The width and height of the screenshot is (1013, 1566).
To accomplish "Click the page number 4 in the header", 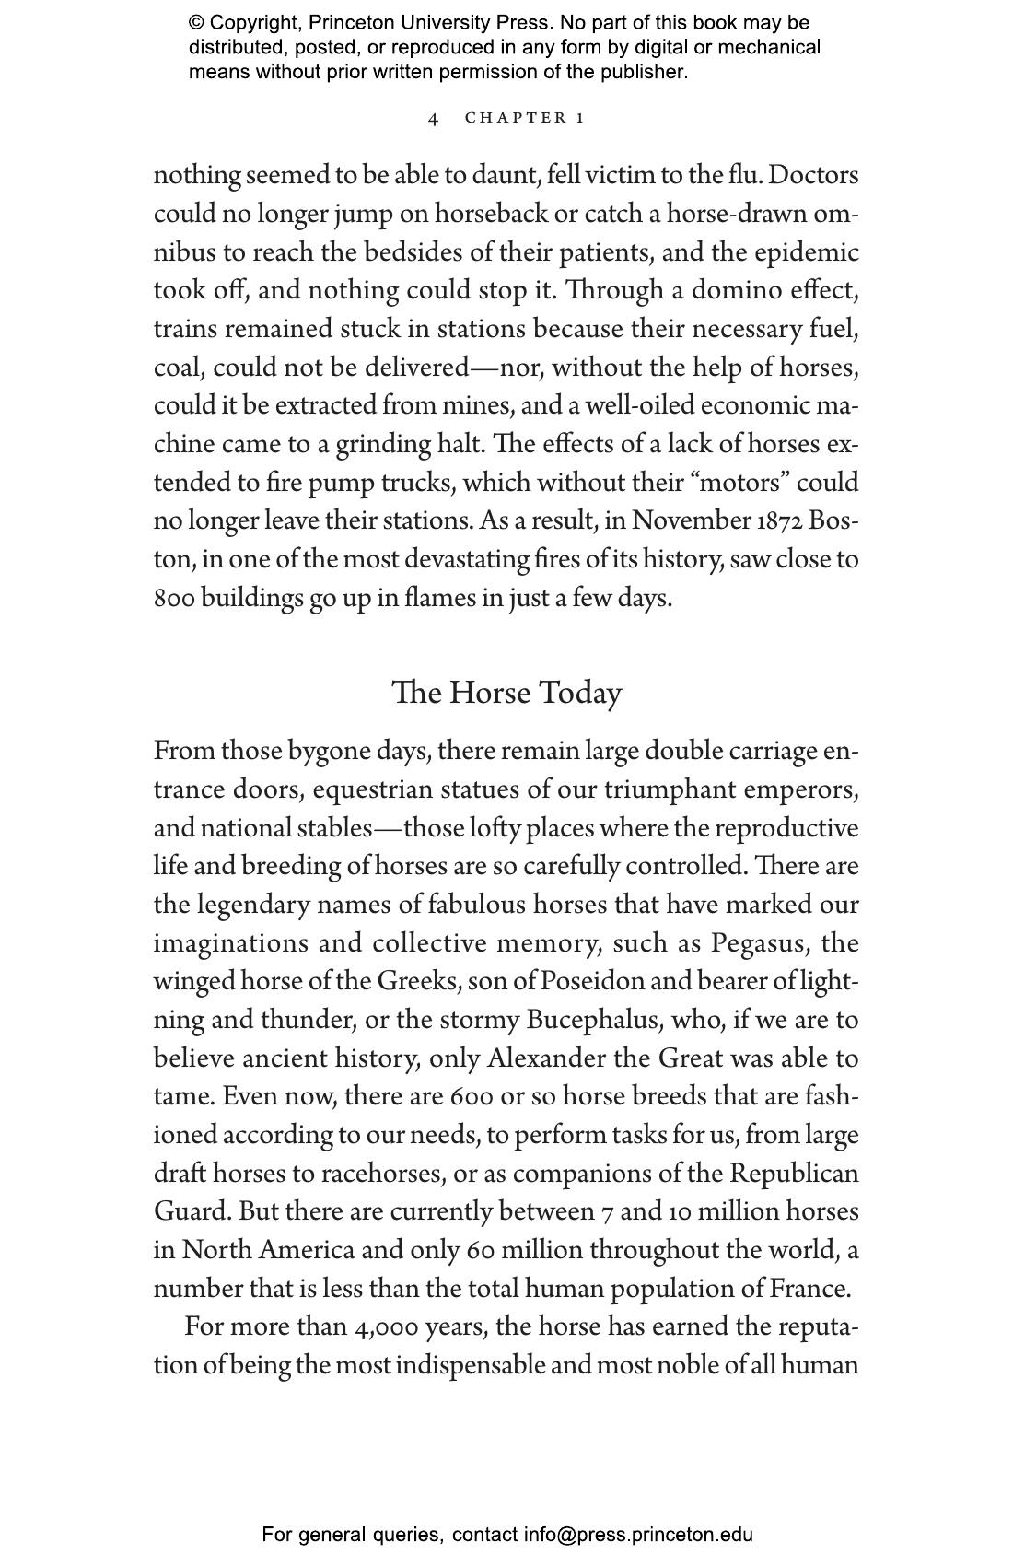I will [434, 119].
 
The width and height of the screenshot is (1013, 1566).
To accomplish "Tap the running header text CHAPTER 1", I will [525, 118].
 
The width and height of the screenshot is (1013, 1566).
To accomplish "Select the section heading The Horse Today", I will [506, 694].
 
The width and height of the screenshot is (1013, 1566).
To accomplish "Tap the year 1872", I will [781, 521].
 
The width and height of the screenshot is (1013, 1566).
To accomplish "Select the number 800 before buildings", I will [174, 599].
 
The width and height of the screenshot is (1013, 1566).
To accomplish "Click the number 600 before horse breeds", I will [472, 1097].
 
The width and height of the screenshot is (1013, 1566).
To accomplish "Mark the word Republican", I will [794, 1174].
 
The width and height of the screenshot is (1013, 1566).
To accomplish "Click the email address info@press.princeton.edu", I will [638, 1535].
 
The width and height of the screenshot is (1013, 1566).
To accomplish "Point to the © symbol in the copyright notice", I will [196, 23].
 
